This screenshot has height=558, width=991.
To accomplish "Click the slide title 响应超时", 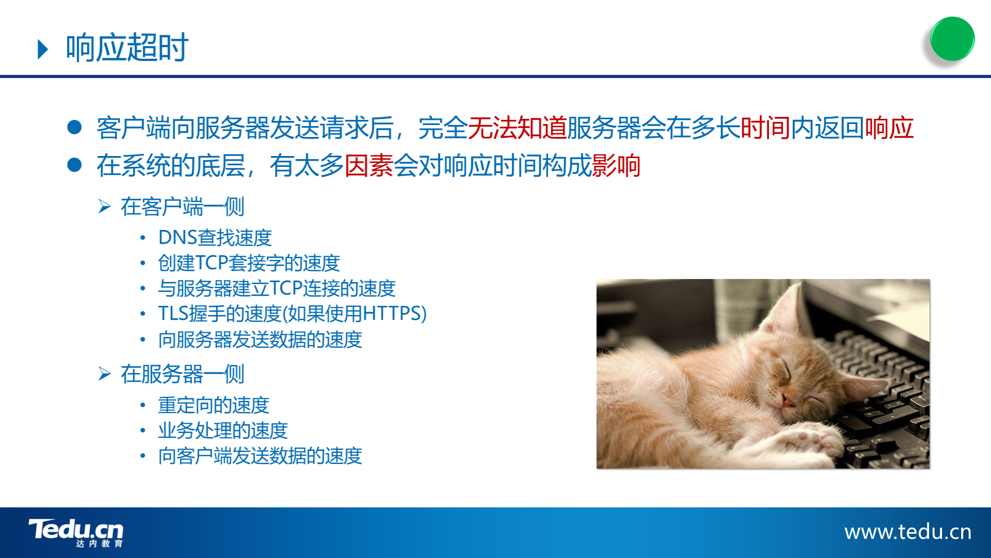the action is pyautogui.click(x=127, y=48).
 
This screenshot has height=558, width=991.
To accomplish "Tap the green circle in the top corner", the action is pyautogui.click(x=952, y=39).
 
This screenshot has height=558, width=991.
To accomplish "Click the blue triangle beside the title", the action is pyautogui.click(x=43, y=49).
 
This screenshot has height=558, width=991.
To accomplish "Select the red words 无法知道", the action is pyautogui.click(x=517, y=128).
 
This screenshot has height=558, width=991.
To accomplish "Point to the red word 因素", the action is pyautogui.click(x=369, y=166).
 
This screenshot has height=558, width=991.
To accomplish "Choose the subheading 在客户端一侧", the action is pyautogui.click(x=182, y=207).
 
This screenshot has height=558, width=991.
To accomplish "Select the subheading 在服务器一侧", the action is pyautogui.click(x=182, y=374).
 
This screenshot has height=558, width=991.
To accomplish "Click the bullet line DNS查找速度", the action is pyautogui.click(x=215, y=238).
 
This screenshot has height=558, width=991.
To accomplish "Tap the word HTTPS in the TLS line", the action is pyautogui.click(x=391, y=314).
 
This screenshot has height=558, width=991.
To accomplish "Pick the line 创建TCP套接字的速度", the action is pyautogui.click(x=249, y=263).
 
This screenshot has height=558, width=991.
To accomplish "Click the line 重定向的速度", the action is pyautogui.click(x=213, y=405).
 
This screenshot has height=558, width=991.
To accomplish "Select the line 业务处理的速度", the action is pyautogui.click(x=223, y=430).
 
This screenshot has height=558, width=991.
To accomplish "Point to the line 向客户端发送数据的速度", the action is pyautogui.click(x=260, y=456).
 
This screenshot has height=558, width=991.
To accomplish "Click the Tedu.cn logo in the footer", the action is pyautogui.click(x=76, y=532).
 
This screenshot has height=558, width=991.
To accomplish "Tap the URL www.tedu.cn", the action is pyautogui.click(x=908, y=532).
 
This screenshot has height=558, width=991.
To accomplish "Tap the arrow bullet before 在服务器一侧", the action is pyautogui.click(x=105, y=374).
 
